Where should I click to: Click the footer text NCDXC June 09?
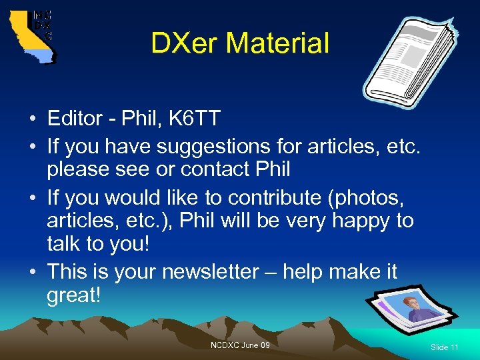240,345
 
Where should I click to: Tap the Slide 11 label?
445,347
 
